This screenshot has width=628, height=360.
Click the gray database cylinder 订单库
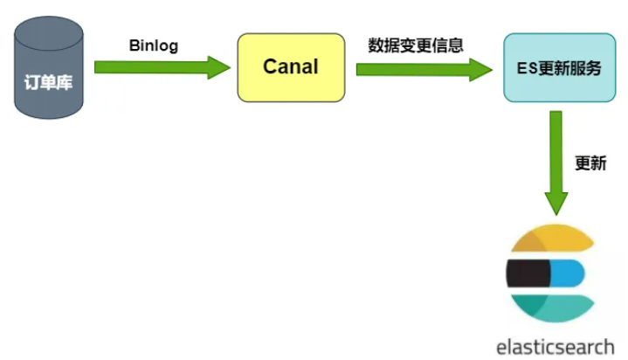click(x=49, y=83)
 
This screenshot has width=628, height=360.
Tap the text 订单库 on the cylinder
click(x=49, y=86)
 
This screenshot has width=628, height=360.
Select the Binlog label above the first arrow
click(x=153, y=45)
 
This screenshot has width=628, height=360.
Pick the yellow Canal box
click(x=291, y=67)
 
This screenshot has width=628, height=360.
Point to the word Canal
click(x=291, y=67)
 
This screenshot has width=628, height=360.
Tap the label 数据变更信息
click(x=416, y=45)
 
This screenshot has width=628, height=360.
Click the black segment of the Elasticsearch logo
click(x=528, y=273)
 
